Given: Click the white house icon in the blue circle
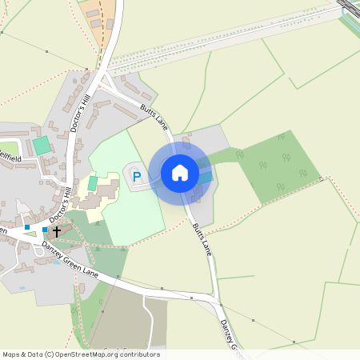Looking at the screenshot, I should pyautogui.click(x=180, y=172).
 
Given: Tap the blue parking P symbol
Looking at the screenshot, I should pyautogui.click(x=136, y=177).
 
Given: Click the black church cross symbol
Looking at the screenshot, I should pyautogui.click(x=56, y=230).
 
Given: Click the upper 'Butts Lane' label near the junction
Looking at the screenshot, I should pyautogui.click(x=154, y=117).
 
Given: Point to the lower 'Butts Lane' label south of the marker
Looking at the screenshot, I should pyautogui.click(x=202, y=238).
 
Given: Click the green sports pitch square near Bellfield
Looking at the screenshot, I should pyautogui.click(x=41, y=146).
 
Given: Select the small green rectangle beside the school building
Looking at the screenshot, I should pyautogui.click(x=92, y=183).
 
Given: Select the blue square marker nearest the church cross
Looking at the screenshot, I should pyautogui.click(x=45, y=230).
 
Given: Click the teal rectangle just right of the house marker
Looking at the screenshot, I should pyautogui.click(x=205, y=177).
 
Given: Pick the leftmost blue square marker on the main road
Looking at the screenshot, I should pyautogui.click(x=27, y=227).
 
